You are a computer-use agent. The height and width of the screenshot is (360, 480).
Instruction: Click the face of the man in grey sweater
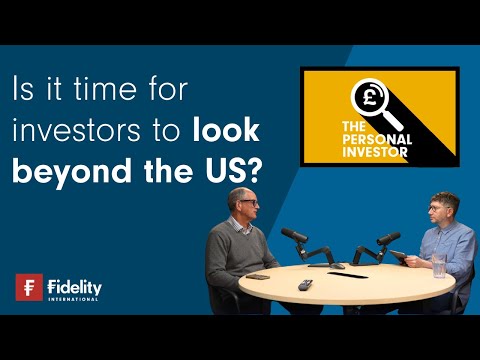[247, 206]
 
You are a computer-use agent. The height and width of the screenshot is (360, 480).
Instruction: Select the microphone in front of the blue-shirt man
[389, 238]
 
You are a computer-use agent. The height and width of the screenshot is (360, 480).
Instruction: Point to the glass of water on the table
[439, 264]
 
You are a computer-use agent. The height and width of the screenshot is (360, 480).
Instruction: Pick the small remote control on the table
[304, 284]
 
